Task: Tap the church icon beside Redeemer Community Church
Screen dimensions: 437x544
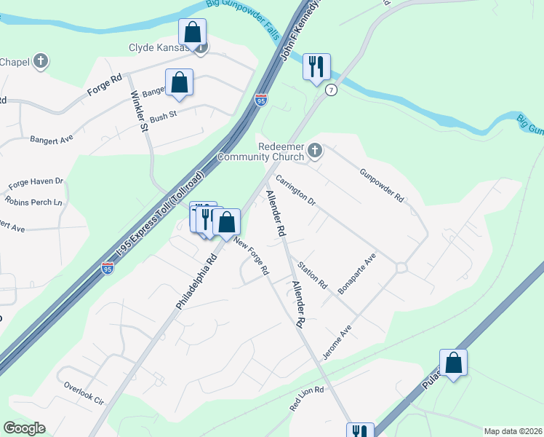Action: [x=315, y=151]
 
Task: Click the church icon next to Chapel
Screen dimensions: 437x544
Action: [x=41, y=61]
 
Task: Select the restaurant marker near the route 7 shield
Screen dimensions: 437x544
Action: [x=317, y=67]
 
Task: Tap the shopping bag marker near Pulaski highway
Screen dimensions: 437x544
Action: [x=453, y=363]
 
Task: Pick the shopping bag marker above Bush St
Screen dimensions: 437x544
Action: [x=179, y=82]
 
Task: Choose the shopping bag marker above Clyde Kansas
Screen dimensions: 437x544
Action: [x=193, y=32]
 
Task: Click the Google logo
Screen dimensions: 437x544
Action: [x=24, y=428]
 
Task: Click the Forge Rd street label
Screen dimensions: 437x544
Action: [x=104, y=84]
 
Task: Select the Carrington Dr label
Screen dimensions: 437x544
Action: [x=295, y=189]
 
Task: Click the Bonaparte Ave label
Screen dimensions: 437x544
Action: [x=356, y=274]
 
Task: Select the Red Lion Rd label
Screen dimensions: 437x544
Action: [x=307, y=399]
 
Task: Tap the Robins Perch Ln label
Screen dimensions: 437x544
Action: [x=33, y=201]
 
